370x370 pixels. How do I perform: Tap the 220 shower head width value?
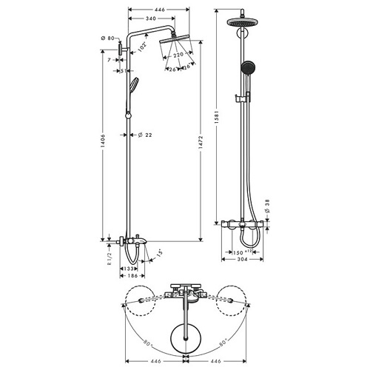pyautogui.click(x=178, y=54)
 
